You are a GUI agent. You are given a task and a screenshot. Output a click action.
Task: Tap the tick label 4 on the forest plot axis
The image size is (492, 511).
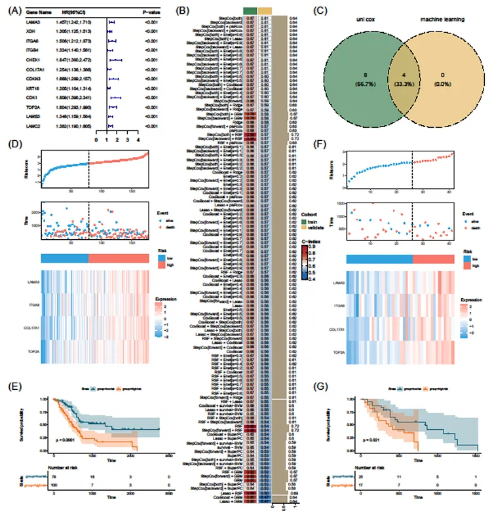pos(138,140)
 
